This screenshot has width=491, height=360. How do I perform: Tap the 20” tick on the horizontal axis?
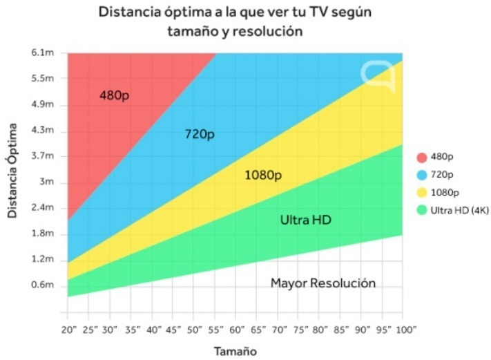pos(68,330)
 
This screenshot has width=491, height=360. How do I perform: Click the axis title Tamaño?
pos(235,351)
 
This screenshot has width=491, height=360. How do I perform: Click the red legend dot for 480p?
pos(421,157)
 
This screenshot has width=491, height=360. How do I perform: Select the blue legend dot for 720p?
pos(421,175)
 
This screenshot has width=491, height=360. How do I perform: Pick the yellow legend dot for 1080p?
pos(421,193)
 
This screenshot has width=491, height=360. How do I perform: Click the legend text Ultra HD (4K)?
pos(460,211)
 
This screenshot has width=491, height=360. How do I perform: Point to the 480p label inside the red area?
pos(114,95)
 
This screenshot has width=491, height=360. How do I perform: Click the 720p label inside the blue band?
pos(200,134)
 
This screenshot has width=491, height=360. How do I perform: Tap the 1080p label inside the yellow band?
pos(263,176)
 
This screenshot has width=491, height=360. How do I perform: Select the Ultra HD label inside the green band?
pos(305,220)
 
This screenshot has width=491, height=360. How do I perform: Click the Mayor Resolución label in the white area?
pos(322,283)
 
